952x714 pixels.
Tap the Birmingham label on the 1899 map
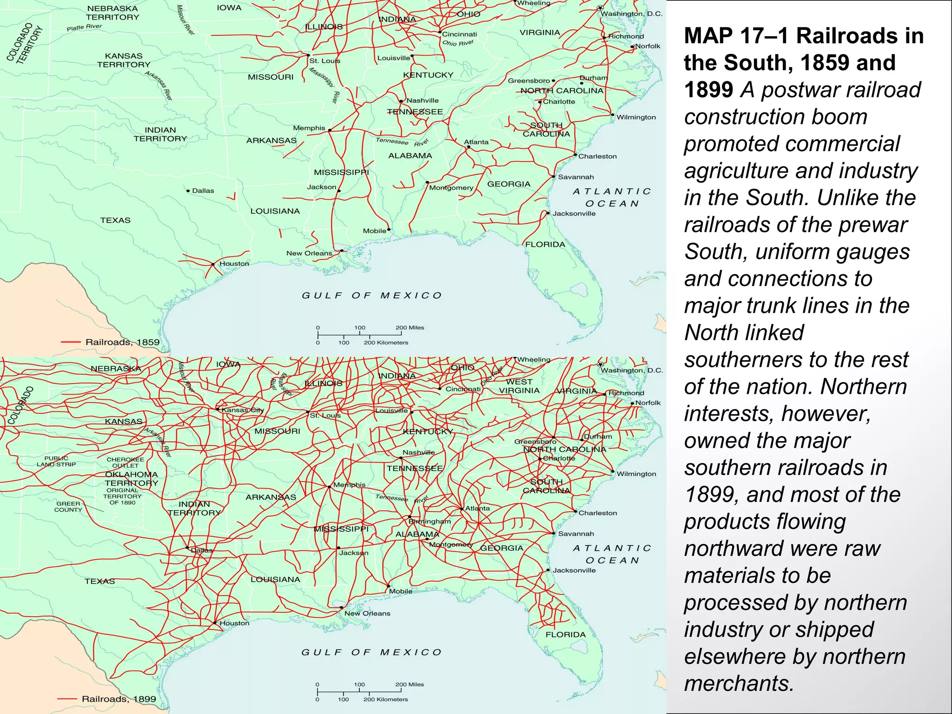coord(430,521)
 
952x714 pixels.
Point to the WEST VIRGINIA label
coord(519,386)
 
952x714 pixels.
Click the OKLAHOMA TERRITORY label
coord(132,478)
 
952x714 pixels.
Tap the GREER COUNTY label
coord(68,507)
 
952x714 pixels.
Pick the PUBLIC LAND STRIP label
coord(56,461)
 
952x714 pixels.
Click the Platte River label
coord(84,27)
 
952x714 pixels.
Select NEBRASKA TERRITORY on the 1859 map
coord(112,13)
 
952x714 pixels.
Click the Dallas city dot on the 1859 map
coord(188,191)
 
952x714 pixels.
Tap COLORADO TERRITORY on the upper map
coord(24,43)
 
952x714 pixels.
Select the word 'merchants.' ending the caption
coord(739,683)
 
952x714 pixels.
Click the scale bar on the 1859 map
coord(359,335)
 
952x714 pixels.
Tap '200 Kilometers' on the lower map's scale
coord(385,699)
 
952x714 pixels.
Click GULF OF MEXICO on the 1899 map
coord(371,652)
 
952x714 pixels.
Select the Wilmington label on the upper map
coord(636,117)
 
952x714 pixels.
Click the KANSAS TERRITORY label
coord(124,60)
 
